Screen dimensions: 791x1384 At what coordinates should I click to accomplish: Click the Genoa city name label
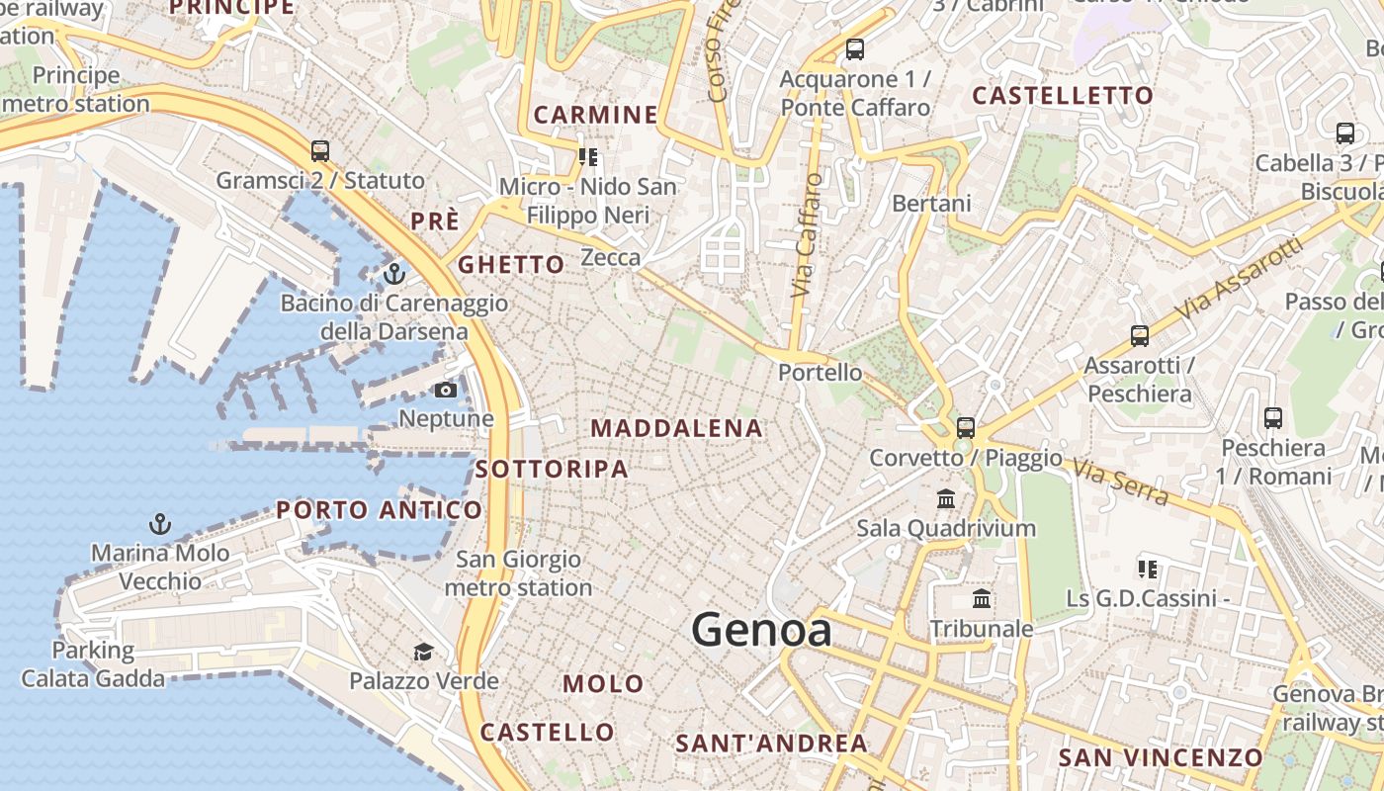[761, 630]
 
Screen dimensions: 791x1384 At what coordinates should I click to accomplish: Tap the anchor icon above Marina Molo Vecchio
[159, 523]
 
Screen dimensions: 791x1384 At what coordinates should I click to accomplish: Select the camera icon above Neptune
[446, 390]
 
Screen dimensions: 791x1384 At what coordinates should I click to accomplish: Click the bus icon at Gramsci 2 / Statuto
[319, 151]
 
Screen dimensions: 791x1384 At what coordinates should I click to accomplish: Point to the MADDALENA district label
[677, 428]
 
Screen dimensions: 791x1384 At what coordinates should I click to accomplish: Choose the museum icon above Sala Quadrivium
[946, 498]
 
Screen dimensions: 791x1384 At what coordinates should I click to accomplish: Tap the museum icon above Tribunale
[982, 598]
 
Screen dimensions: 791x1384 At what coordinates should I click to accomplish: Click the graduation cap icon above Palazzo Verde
[423, 652]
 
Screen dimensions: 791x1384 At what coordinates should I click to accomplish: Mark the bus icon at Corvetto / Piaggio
[966, 428]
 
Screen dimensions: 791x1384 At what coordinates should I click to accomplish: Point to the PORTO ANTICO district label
[380, 510]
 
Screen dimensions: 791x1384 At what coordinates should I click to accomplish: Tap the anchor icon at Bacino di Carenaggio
[394, 273]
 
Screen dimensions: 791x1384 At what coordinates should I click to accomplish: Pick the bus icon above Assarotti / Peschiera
[1140, 336]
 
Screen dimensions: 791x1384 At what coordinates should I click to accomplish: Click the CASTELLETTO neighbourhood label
[1063, 96]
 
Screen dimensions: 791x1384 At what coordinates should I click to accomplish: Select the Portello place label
[820, 373]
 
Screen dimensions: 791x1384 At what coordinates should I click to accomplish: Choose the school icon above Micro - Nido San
[588, 156]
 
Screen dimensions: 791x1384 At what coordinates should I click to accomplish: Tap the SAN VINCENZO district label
[1161, 758]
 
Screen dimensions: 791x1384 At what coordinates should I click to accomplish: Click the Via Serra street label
[1120, 482]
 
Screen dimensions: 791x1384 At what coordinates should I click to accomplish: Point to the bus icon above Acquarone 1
[855, 48]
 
